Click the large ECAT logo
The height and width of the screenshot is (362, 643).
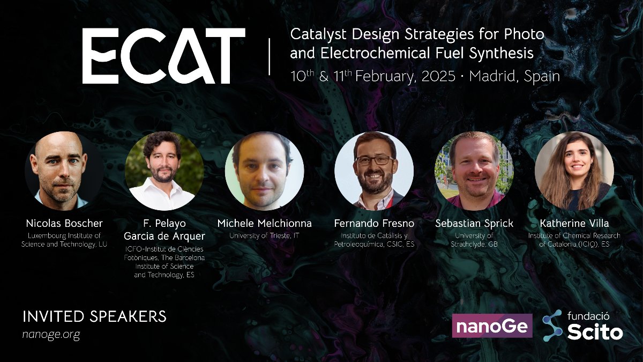163,56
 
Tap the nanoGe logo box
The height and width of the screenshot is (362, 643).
492,326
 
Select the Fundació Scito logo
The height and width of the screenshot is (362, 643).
582,326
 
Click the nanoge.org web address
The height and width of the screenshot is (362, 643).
51,334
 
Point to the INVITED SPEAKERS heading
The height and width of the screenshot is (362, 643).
94,316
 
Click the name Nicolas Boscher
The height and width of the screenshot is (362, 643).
64,223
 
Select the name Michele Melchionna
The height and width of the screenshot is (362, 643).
264,223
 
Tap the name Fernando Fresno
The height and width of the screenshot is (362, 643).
373,223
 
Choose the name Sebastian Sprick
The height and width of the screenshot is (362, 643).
474,223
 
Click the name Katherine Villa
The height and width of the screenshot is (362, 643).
574,223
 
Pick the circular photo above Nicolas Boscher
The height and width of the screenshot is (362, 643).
64,171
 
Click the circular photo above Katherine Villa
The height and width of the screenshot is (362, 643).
574,171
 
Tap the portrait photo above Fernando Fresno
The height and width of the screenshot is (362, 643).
374,171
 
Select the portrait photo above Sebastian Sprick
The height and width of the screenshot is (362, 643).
474,171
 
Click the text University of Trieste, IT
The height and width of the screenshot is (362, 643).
264,235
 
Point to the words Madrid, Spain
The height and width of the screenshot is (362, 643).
514,76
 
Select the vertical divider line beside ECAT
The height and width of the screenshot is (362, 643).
269,56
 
